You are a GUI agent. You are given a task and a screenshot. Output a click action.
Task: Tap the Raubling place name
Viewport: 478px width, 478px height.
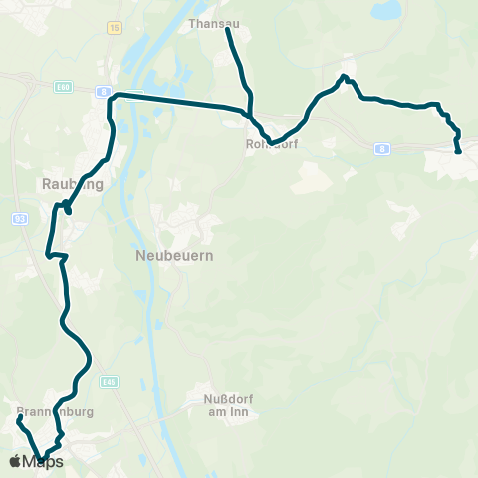click(67, 183)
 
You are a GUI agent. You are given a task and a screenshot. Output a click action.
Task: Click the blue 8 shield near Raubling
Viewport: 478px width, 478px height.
click(103, 91)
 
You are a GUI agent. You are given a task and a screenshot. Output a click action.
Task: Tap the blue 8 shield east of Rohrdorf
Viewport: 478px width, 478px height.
click(382, 149)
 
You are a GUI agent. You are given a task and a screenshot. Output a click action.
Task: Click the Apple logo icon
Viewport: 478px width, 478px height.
click(16, 461)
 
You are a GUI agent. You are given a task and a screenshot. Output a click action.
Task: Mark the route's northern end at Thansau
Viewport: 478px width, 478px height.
click(228, 30)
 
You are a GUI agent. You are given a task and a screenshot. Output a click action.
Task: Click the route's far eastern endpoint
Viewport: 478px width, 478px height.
click(457, 152)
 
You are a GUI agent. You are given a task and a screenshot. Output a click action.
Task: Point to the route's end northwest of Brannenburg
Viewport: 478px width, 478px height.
click(18, 419)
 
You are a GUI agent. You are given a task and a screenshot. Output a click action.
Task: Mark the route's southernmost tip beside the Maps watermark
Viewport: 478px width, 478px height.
click(42, 459)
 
